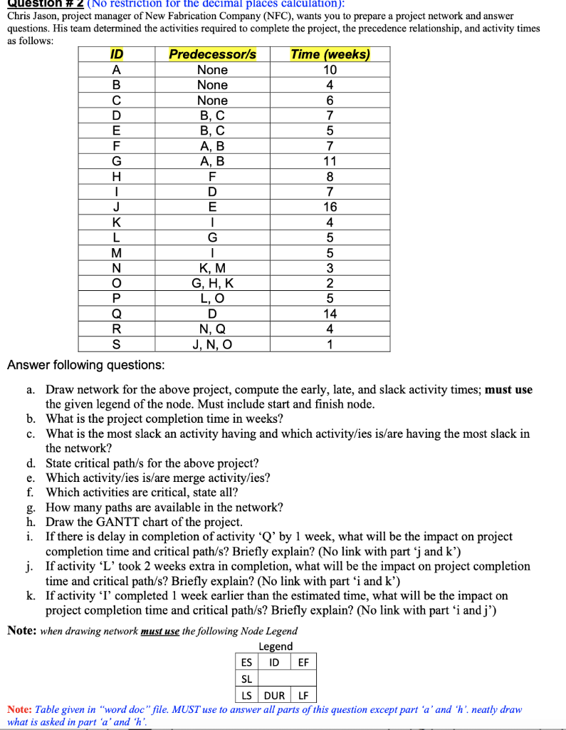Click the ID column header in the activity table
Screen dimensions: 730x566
point(116,54)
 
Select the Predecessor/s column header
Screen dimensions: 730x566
point(212,54)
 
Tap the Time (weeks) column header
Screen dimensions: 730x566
point(330,54)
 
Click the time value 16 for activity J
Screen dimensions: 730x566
point(330,207)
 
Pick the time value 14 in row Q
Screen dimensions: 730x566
point(330,314)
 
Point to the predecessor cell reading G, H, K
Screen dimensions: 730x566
point(212,283)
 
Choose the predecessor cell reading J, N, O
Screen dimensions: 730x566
point(212,344)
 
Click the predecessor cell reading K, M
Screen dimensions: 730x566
point(212,268)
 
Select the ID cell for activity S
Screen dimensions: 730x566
point(116,344)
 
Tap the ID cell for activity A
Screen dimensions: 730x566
point(116,70)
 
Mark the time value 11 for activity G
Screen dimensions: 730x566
point(330,161)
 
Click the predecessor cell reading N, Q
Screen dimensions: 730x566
point(212,329)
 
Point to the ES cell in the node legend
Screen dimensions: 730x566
point(245,662)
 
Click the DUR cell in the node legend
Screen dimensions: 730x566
point(275,695)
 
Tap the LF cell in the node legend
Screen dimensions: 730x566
point(303,695)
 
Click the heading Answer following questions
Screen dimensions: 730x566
point(85,365)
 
